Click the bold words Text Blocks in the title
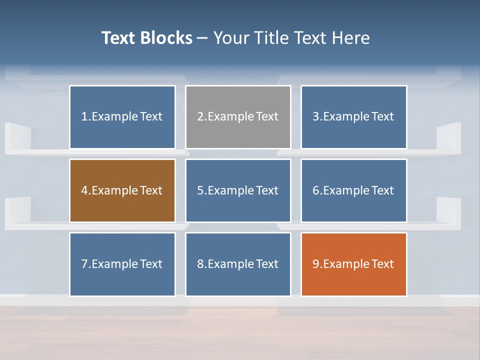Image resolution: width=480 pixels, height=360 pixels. point(146,38)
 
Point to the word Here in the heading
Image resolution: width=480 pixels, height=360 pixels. point(351,38)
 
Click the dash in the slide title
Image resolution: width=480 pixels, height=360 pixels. point(202,38)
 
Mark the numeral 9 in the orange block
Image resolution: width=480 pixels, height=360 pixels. point(316,264)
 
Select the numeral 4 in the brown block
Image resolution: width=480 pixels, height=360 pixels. point(84,190)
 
